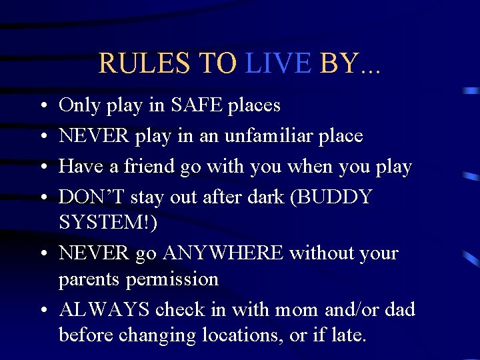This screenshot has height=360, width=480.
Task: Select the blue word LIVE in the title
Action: (279, 63)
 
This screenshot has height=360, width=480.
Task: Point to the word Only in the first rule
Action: (79, 105)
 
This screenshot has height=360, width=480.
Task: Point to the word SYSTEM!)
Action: (109, 223)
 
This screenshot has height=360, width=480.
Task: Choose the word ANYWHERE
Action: (223, 253)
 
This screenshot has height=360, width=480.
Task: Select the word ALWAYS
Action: (105, 310)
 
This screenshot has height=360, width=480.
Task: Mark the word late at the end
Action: (347, 335)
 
